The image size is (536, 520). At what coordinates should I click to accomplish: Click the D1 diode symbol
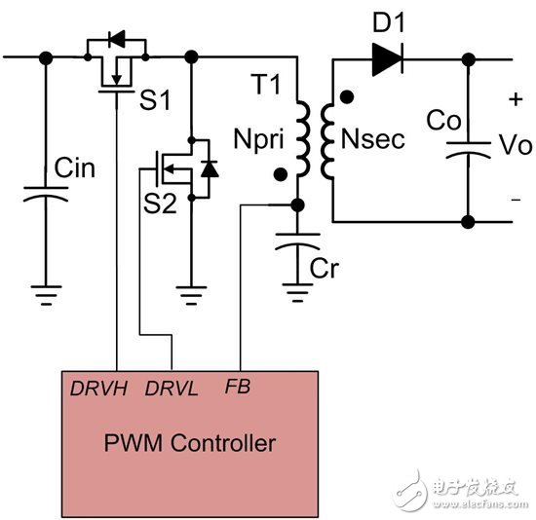click(x=385, y=59)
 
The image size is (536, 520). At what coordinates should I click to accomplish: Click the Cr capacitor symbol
click(x=296, y=247)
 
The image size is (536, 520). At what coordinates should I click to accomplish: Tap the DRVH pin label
click(x=99, y=388)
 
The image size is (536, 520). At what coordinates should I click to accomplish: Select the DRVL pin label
click(x=172, y=388)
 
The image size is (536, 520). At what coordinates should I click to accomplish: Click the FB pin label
click(x=239, y=388)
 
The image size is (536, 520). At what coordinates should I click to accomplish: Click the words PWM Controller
click(x=190, y=444)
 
